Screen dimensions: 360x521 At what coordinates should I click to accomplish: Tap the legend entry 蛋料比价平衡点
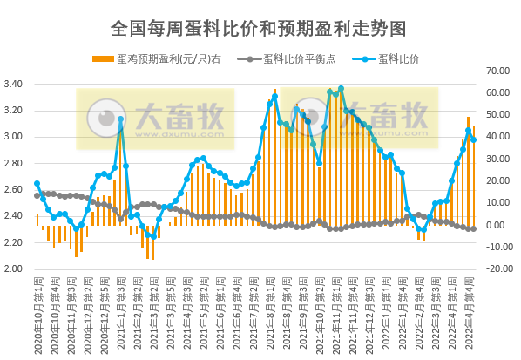[x=297, y=59]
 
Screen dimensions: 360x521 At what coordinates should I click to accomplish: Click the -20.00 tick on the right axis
[x=499, y=268]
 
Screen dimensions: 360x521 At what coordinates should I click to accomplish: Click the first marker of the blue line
[x=37, y=184]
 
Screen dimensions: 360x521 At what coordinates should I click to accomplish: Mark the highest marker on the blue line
[x=341, y=89]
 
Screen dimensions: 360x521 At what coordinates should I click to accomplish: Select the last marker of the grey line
[x=473, y=228]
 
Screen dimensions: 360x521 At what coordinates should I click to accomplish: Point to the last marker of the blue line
[x=473, y=139]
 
